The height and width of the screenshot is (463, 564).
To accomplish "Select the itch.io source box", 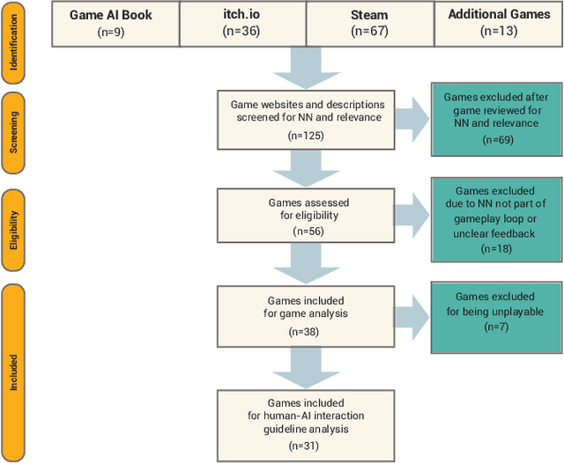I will point(242,25).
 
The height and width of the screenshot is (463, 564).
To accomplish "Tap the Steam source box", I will point(370,25).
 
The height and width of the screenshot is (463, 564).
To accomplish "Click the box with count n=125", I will point(305,118).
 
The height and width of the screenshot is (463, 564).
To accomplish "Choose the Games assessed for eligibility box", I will point(305,217).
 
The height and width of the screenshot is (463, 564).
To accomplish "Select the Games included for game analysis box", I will point(305,315).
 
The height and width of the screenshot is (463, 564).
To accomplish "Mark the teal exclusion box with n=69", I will point(495,118).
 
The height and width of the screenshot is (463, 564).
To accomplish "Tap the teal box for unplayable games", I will point(495,310).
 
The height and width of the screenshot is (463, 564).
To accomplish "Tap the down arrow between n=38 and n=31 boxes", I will point(305,364).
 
